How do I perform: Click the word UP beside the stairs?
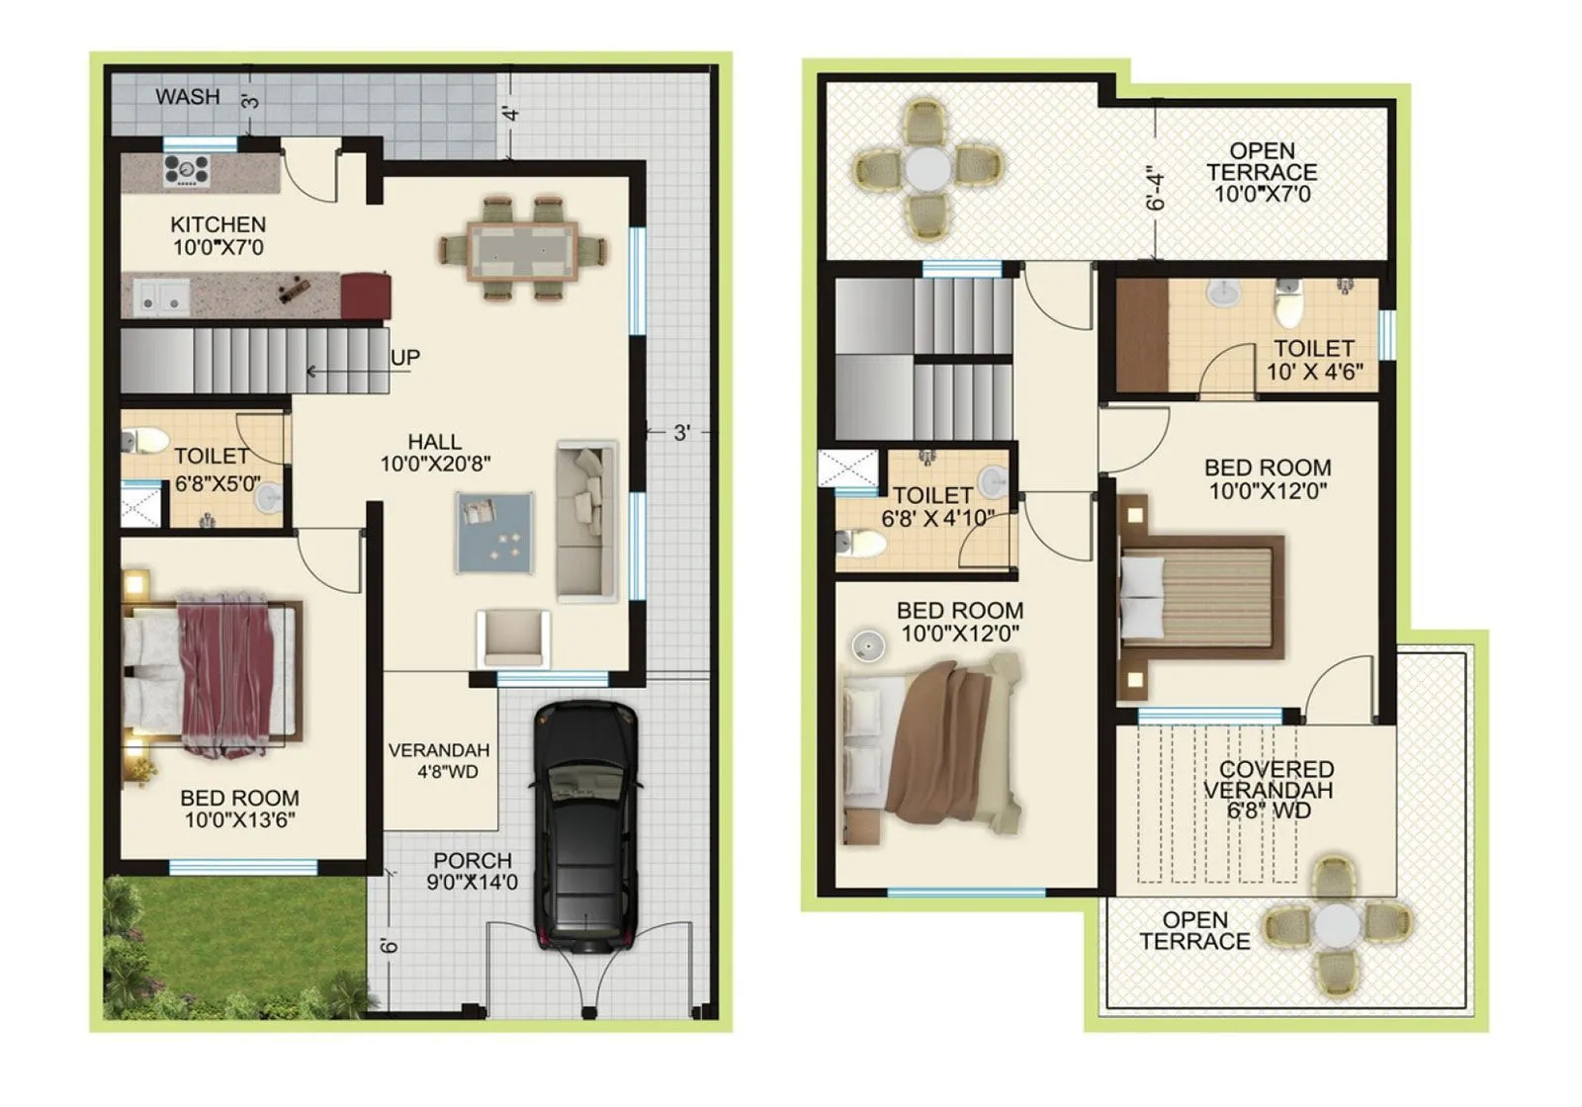coord(404,357)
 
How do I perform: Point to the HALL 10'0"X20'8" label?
coord(435,453)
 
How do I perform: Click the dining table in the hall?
coord(522,249)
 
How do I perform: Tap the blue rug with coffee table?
coord(494,532)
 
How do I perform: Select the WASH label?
coord(187,97)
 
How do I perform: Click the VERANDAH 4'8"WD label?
coord(439,760)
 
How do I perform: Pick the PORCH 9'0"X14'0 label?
coord(472,871)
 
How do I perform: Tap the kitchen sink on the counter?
coord(161,295)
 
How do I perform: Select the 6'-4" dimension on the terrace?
coord(1156,193)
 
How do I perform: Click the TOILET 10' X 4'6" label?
coord(1314,360)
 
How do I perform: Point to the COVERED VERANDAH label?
coord(1271,790)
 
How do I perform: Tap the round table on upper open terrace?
coord(926,169)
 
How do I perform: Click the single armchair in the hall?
coord(513,637)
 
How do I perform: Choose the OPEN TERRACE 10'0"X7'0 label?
coord(1262,172)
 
